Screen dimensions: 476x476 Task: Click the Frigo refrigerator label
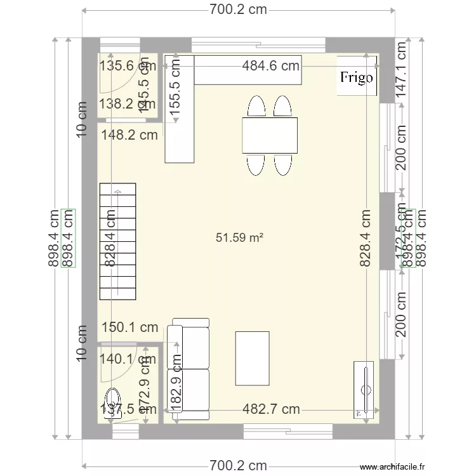(x=357, y=78)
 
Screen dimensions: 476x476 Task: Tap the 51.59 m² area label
(x=239, y=238)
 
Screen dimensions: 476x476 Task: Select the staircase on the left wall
(x=117, y=242)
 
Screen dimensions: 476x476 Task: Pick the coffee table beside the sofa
(x=252, y=358)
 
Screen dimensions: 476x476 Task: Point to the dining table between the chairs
(x=269, y=135)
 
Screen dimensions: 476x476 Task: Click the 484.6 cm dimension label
(x=271, y=65)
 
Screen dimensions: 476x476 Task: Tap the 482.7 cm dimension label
(x=271, y=409)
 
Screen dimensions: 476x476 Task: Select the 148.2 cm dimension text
(x=129, y=135)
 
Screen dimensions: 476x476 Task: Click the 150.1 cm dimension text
(x=130, y=327)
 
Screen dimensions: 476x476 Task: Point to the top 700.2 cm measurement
(x=238, y=10)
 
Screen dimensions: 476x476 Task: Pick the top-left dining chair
(x=257, y=106)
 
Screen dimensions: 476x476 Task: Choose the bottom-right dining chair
(x=282, y=164)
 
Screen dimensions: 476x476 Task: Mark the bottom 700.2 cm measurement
(x=238, y=466)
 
